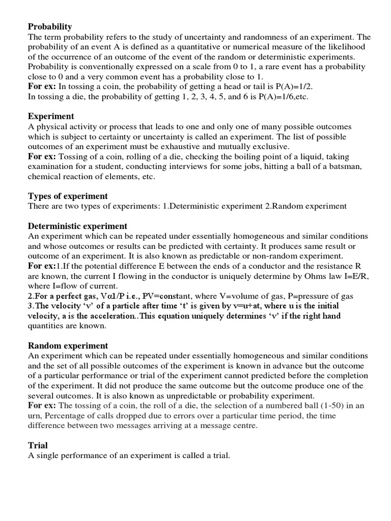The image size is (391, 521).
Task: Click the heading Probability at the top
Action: [x=50, y=26]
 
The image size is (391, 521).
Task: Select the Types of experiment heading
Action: [x=68, y=196]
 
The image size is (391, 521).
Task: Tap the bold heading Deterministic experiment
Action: [x=77, y=226]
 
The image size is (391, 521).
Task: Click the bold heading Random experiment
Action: [x=68, y=345]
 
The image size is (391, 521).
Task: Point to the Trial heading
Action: [x=38, y=445]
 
